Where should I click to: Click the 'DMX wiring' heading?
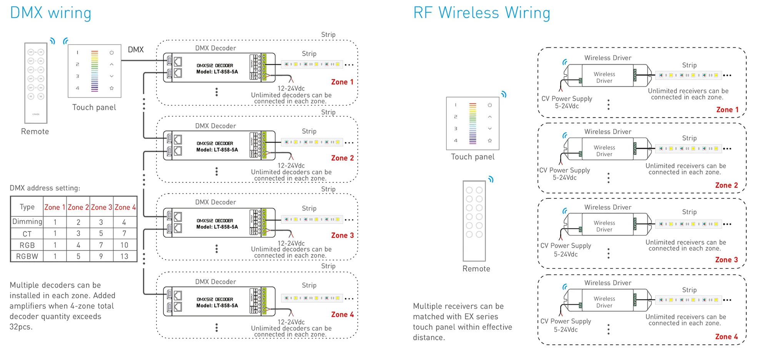click(50, 13)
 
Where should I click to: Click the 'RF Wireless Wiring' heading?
click(481, 13)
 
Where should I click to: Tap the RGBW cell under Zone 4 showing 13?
click(124, 257)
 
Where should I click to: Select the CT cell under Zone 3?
click(101, 233)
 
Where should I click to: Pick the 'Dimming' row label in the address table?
click(27, 222)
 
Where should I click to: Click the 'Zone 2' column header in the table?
click(78, 207)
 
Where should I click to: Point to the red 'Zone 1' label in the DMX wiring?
click(342, 82)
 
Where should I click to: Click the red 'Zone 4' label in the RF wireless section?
click(726, 337)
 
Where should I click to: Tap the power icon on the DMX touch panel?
click(112, 52)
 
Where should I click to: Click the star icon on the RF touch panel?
click(489, 140)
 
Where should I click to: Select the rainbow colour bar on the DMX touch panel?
click(95, 71)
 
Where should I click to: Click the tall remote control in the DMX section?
click(36, 83)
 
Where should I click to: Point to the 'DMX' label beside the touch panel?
click(136, 50)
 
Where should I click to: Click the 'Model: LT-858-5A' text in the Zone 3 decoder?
click(217, 227)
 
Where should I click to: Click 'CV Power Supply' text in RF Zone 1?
click(566, 98)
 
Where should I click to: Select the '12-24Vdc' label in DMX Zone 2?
click(291, 165)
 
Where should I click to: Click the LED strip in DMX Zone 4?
click(312, 298)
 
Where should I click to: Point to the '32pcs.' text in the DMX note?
click(21, 327)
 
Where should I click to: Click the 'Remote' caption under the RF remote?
click(476, 269)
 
